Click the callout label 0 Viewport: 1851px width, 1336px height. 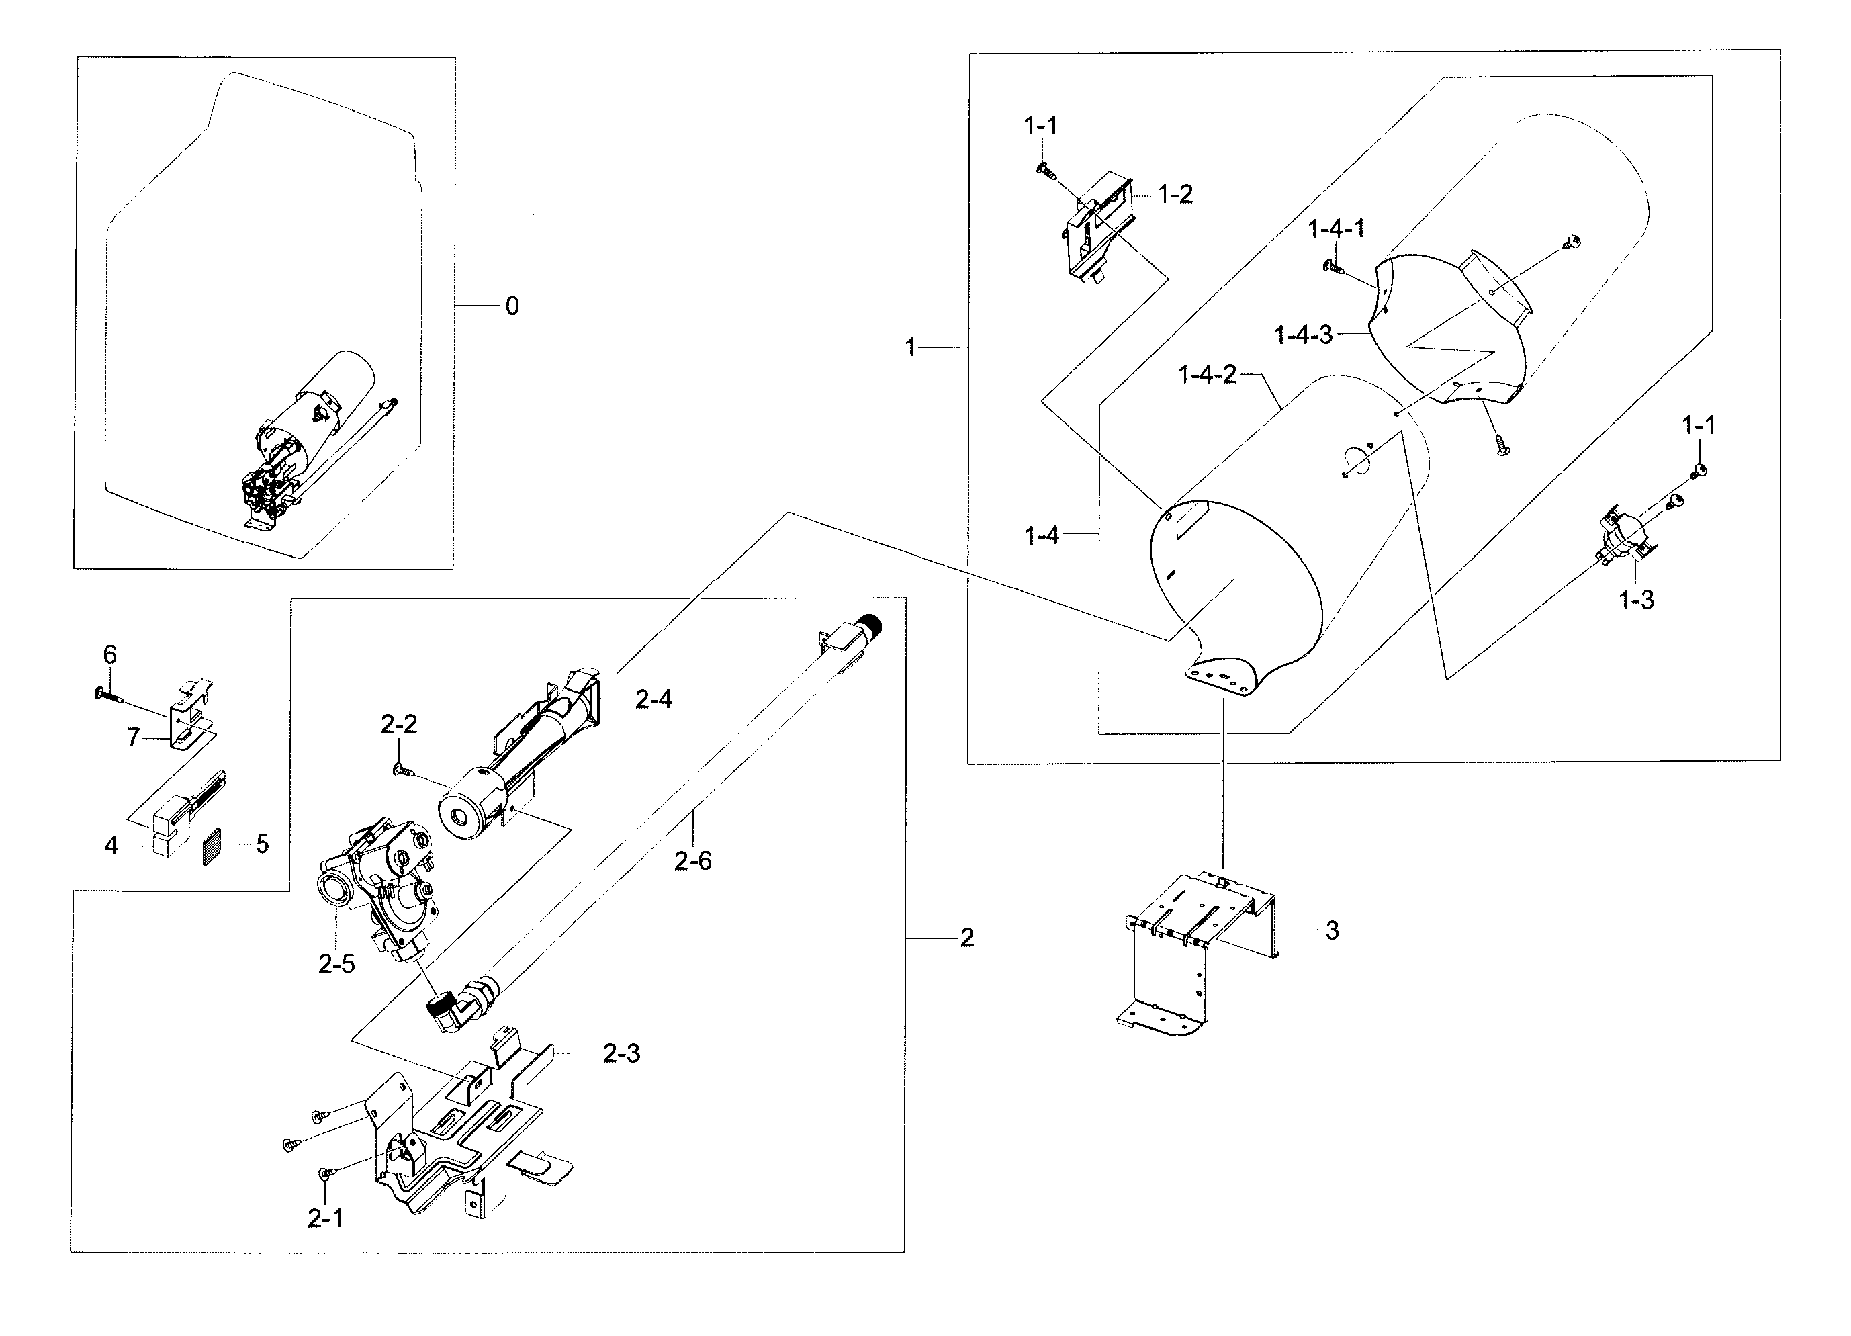(x=512, y=306)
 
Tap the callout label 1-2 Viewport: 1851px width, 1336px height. (x=1175, y=194)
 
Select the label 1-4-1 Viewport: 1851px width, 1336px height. (x=1337, y=229)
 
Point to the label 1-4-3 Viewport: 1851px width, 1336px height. (x=1304, y=335)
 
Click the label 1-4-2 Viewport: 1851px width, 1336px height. (x=1207, y=375)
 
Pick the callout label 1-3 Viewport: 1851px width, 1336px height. (x=1636, y=600)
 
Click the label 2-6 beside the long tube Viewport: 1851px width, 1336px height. (x=693, y=861)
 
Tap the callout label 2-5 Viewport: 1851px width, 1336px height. (x=336, y=965)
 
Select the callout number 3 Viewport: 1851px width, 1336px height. (x=1332, y=930)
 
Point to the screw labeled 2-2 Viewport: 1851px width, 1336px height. (x=402, y=769)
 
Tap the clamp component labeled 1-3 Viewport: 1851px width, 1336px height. (x=1620, y=535)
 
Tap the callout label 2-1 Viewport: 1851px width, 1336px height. (x=325, y=1218)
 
